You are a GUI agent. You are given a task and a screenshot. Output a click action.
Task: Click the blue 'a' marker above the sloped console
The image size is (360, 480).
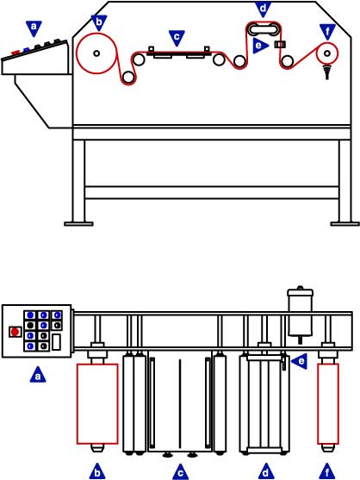(x=34, y=28)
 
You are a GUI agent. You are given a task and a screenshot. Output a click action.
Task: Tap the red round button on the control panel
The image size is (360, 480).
(x=15, y=332)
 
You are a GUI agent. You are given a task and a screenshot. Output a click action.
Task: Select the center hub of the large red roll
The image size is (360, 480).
(x=96, y=53)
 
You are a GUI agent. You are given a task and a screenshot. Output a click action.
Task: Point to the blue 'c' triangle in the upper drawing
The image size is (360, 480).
(x=177, y=38)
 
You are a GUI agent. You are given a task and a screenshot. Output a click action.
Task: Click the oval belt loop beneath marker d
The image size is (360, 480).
(x=264, y=24)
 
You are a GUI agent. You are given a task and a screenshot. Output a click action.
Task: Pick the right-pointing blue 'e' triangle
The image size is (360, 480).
(x=260, y=46)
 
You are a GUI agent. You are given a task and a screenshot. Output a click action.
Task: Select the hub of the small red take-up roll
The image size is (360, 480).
(x=327, y=53)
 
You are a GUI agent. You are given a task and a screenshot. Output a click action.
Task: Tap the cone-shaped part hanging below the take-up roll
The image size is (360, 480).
(x=327, y=72)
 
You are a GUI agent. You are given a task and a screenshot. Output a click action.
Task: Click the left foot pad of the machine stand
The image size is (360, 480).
(x=78, y=224)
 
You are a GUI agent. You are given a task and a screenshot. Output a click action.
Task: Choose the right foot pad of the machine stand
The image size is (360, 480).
(x=345, y=224)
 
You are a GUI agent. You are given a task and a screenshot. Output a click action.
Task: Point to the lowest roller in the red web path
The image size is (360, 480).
(x=128, y=77)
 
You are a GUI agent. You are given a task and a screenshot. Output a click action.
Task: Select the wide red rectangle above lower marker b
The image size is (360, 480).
(x=97, y=404)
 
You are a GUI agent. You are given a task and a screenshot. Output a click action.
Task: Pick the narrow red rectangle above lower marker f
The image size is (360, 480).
(x=328, y=404)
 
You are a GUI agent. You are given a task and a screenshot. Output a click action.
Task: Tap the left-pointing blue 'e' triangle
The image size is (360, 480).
(x=300, y=362)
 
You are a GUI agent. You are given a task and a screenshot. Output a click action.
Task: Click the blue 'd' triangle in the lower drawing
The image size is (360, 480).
(x=265, y=471)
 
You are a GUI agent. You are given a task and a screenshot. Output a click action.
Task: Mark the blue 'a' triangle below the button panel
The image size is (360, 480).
(x=38, y=375)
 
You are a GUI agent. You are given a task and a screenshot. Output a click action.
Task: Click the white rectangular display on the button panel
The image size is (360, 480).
(x=56, y=342)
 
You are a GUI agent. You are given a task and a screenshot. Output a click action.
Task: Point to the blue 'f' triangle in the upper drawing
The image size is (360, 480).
(x=327, y=32)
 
